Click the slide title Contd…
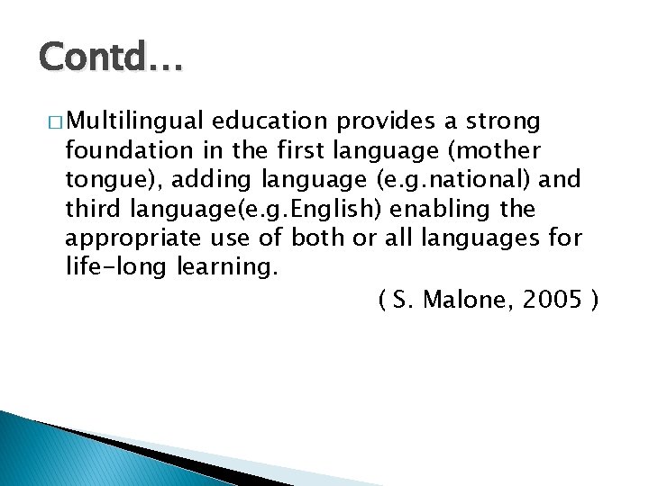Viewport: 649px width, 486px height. pos(111,60)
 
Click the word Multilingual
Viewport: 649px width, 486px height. pos(137,121)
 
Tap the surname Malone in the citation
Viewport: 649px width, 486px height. pos(465,299)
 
